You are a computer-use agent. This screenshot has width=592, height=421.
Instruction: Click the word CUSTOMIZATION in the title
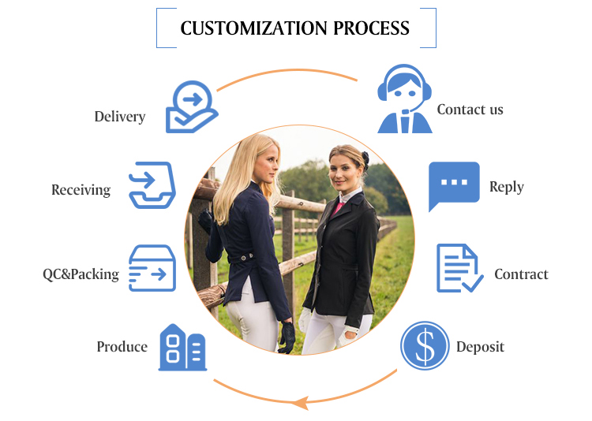[253, 28]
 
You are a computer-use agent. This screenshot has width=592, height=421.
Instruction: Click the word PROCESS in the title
[372, 28]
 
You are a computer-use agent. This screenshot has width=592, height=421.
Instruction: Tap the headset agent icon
[404, 99]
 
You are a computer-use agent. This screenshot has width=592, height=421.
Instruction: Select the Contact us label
[470, 110]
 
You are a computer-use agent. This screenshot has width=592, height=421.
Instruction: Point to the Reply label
[507, 187]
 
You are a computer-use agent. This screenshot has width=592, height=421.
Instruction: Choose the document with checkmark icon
[459, 268]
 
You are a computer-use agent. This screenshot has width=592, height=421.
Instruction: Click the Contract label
[521, 274]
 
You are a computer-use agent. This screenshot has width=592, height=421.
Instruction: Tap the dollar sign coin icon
[425, 345]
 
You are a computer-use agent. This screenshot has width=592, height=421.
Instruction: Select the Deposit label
[480, 347]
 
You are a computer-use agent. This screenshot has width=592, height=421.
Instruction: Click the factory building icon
[183, 347]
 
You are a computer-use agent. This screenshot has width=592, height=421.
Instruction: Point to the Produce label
[122, 347]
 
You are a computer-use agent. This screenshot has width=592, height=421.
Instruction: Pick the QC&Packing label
[81, 274]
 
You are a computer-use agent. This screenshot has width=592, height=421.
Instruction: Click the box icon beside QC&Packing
[152, 268]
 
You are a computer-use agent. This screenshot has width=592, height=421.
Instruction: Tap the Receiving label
[81, 190]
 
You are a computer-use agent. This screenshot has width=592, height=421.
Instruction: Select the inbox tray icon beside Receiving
[152, 185]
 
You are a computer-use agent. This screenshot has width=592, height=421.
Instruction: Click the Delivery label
[120, 117]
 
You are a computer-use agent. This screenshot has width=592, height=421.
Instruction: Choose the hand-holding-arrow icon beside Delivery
[192, 106]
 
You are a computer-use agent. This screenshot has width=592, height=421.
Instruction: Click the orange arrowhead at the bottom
[302, 403]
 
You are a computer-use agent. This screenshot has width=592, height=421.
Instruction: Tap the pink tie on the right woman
[337, 209]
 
